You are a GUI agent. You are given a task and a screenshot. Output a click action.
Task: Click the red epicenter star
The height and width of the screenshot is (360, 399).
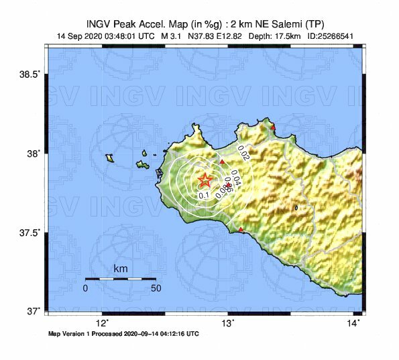205,180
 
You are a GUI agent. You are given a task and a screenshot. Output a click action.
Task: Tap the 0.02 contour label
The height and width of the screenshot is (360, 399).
243,156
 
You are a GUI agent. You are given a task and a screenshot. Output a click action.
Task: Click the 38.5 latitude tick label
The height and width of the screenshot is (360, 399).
32,74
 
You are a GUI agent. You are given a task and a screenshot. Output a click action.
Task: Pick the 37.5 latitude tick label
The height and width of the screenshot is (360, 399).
32,233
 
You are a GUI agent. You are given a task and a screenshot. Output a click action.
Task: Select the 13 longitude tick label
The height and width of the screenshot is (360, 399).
228,323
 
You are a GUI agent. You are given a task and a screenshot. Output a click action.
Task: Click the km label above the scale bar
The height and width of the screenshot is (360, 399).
121,269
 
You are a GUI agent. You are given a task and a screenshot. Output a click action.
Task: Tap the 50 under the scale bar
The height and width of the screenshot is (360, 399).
156,288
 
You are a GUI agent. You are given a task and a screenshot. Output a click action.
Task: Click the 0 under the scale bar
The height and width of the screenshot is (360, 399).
85,288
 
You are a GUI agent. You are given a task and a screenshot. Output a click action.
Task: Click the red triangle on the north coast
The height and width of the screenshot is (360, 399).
273,127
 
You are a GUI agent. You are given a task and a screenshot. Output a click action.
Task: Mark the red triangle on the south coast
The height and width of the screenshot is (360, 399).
241,231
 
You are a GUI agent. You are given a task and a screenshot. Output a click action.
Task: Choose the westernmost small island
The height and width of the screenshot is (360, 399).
109,158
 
